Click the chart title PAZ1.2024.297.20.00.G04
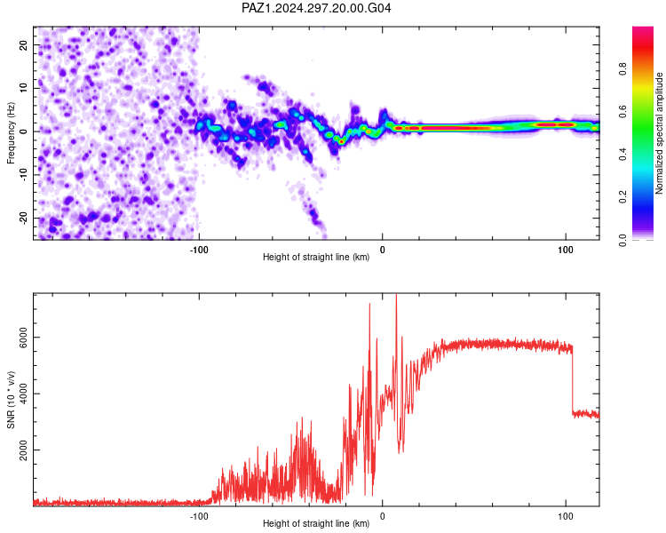click(316, 8)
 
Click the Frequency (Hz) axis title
click(11, 133)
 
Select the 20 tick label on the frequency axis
click(23, 44)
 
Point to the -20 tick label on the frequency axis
click(23, 218)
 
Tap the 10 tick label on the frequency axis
click(23, 88)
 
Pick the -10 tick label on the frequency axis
click(23, 175)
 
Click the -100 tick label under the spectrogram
click(199, 250)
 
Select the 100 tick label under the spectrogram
click(566, 250)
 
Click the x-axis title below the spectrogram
click(316, 257)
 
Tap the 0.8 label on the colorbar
click(622, 68)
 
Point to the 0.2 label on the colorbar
click(622, 197)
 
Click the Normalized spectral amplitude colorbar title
click(659, 133)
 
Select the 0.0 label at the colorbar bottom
click(622, 240)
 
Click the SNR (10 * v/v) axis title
click(11, 400)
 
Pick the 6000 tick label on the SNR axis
click(23, 338)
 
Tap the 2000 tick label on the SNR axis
click(23, 450)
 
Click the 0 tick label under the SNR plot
click(382, 516)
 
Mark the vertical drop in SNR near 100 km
click(572, 379)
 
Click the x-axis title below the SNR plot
click(316, 523)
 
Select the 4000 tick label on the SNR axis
click(23, 394)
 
